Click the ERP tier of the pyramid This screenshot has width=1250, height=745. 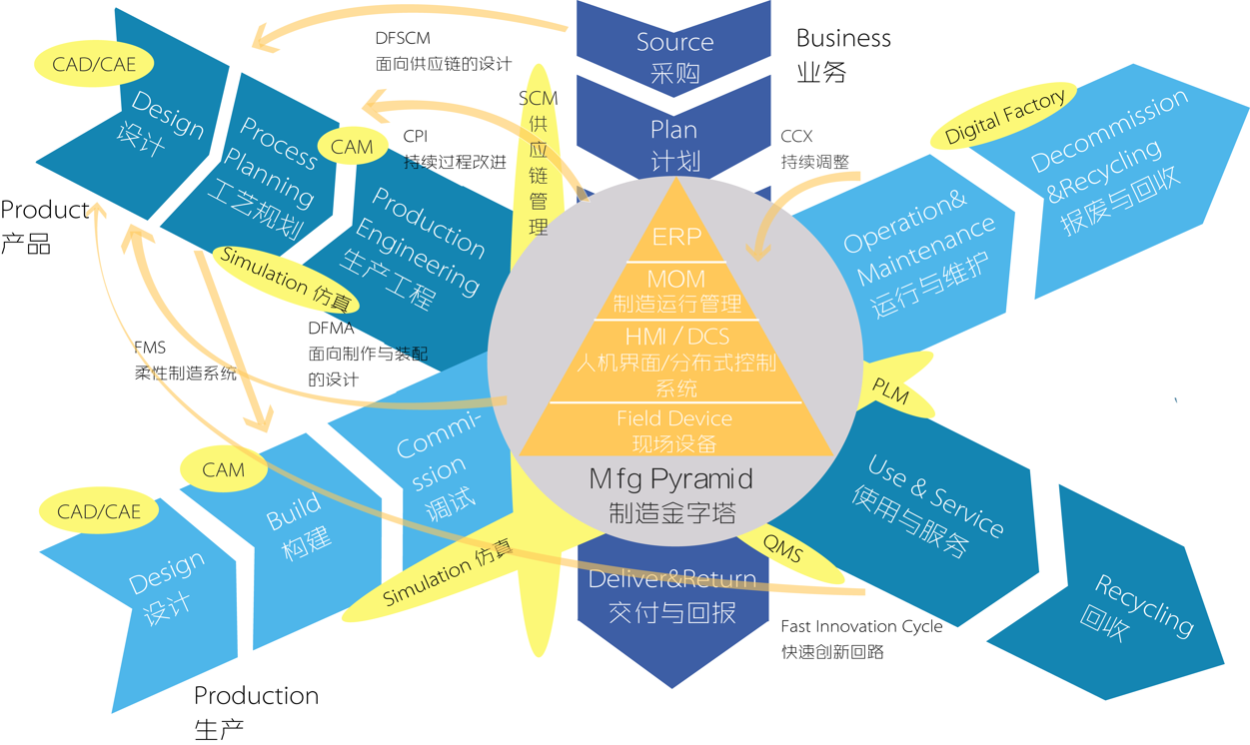[676, 237]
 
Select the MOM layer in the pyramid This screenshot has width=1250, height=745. [676, 291]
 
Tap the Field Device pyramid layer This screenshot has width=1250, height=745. [675, 430]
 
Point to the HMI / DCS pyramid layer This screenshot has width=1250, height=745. [676, 361]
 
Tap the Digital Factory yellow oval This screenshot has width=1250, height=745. [1005, 119]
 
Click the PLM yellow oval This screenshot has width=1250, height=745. [891, 388]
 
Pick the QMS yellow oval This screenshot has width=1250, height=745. [784, 548]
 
